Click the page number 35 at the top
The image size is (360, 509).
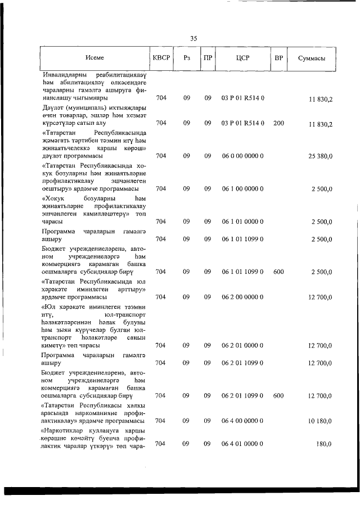point(193,38)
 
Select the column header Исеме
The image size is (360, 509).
point(94,58)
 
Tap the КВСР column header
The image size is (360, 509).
point(161,58)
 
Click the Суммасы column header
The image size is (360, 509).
point(313,58)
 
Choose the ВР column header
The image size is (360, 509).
point(278,58)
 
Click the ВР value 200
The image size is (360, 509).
point(278,123)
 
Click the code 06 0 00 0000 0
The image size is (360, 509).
point(243,155)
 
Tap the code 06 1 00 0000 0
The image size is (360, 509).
point(243,189)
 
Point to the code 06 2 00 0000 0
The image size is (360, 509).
point(243,297)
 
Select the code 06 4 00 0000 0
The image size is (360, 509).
point(243,421)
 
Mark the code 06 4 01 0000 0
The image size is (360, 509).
point(243,444)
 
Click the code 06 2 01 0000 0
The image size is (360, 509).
point(243,345)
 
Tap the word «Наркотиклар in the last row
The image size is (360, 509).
point(62,430)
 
